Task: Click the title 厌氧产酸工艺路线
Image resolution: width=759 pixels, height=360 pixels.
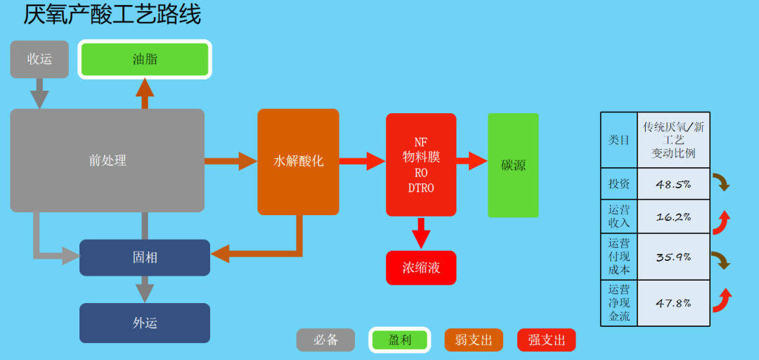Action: [x=112, y=15]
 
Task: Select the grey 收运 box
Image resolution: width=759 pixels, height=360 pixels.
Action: [x=39, y=59]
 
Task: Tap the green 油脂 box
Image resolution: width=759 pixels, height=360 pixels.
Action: [x=145, y=59]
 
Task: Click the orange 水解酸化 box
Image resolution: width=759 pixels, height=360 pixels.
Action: [x=298, y=162]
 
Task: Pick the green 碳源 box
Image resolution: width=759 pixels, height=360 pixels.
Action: [x=513, y=165]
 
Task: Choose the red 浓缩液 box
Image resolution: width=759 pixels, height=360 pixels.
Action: [x=421, y=268]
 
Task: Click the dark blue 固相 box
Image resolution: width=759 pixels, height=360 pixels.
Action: [x=145, y=257]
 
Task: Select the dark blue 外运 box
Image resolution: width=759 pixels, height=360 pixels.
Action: [x=145, y=323]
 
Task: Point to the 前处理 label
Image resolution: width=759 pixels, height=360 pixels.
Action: [x=108, y=160]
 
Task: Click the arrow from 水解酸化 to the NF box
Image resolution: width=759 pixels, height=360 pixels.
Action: [x=362, y=162]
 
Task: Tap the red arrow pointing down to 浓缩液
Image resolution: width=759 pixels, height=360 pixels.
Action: [x=421, y=233]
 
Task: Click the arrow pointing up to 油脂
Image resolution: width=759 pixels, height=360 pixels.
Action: [x=145, y=93]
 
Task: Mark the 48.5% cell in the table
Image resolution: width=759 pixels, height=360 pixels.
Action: [x=673, y=184]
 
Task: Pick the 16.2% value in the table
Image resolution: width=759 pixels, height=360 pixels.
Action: [x=673, y=217]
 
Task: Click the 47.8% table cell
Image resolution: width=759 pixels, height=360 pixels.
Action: [x=673, y=303]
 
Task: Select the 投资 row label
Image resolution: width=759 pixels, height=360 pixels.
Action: [x=618, y=184]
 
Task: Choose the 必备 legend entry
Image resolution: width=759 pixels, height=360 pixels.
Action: [x=325, y=340]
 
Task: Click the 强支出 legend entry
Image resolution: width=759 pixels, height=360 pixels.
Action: [x=546, y=340]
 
